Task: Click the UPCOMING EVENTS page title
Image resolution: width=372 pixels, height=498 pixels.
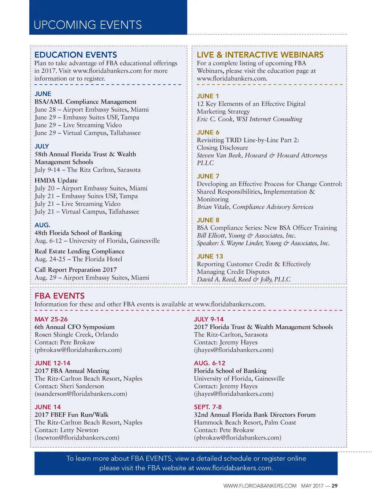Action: pyautogui.click(x=88, y=25)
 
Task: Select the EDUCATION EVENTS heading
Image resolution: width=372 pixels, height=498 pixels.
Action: pyautogui.click(x=76, y=55)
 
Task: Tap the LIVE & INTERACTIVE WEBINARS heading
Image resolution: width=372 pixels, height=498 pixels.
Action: pyautogui.click(x=260, y=55)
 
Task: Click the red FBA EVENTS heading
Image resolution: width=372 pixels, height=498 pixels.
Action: pyautogui.click(x=60, y=296)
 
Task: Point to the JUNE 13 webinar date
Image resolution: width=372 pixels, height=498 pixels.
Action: pyautogui.click(x=210, y=256)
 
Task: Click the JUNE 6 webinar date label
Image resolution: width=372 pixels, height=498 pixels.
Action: pyautogui.click(x=208, y=132)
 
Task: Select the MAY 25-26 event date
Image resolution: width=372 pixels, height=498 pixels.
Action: pyautogui.click(x=51, y=319)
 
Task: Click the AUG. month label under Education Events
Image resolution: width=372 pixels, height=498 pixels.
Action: pyautogui.click(x=43, y=225)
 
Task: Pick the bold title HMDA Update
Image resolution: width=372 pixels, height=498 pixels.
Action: pyautogui.click(x=56, y=180)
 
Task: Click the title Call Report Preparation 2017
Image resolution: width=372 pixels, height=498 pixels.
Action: pyautogui.click(x=76, y=269)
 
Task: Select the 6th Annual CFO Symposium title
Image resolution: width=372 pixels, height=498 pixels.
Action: pyautogui.click(x=74, y=327)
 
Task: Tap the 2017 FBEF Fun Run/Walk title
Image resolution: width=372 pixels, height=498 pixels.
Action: pyautogui.click(x=72, y=414)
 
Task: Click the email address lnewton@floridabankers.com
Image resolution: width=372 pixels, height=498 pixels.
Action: pyautogui.click(x=77, y=438)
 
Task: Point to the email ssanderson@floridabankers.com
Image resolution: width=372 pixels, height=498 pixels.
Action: pyautogui.click(x=81, y=394)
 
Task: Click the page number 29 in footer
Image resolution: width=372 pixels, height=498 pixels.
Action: pyautogui.click(x=335, y=486)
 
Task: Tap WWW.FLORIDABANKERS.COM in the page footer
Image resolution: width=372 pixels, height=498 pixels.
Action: pyautogui.click(x=260, y=486)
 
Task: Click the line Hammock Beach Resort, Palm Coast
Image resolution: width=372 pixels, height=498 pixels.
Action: pyautogui.click(x=245, y=422)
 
